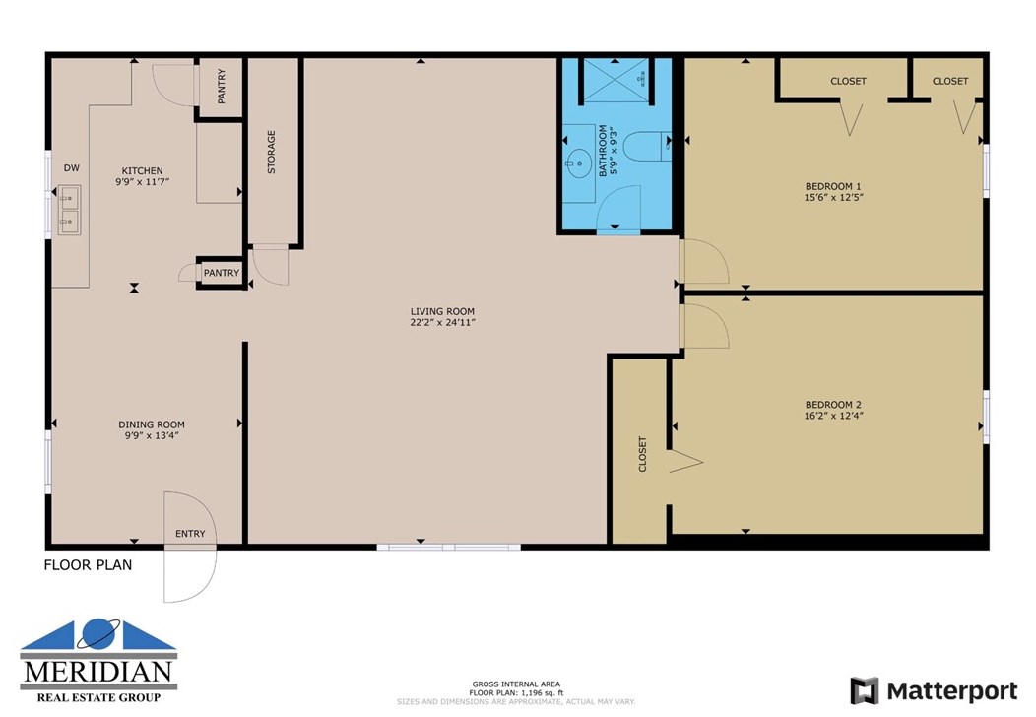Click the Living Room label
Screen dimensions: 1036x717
(442, 312)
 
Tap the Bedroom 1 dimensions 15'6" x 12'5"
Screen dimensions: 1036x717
(834, 197)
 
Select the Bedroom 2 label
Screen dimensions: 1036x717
(833, 405)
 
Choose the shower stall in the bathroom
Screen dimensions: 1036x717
(615, 81)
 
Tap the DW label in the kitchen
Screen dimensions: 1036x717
(71, 168)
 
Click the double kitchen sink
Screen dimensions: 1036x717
(69, 210)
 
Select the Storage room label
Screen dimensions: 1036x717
(271, 152)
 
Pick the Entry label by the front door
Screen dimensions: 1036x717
(190, 533)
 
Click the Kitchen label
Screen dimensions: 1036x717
(142, 170)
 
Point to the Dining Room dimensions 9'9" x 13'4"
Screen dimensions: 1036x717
(152, 435)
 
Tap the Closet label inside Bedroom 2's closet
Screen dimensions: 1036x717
(642, 454)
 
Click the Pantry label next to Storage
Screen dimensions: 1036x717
(222, 86)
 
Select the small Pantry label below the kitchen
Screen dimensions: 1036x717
(222, 273)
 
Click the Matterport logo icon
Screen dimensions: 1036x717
(865, 691)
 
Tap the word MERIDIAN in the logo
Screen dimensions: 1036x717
(98, 672)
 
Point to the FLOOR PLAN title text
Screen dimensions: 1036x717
(88, 565)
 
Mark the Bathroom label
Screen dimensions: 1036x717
(603, 151)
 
